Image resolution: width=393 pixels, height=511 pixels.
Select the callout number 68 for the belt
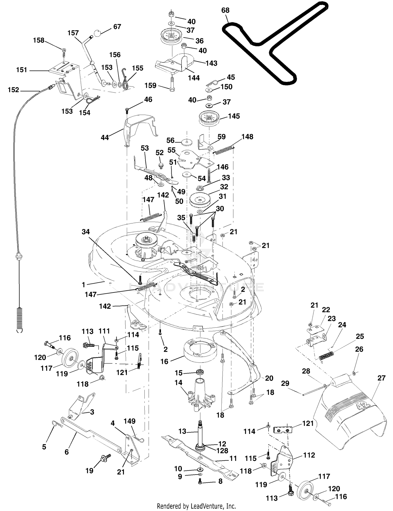point(225,10)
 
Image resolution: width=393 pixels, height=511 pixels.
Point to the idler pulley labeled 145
point(209,119)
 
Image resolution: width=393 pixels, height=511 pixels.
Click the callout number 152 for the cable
point(13,90)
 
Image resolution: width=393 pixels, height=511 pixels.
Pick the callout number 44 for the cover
point(105,137)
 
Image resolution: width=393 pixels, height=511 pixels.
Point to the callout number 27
point(381,378)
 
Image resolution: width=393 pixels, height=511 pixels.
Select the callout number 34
point(86,232)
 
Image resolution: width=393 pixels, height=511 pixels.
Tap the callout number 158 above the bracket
point(39,40)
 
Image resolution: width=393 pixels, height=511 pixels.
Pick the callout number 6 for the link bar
point(67,452)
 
